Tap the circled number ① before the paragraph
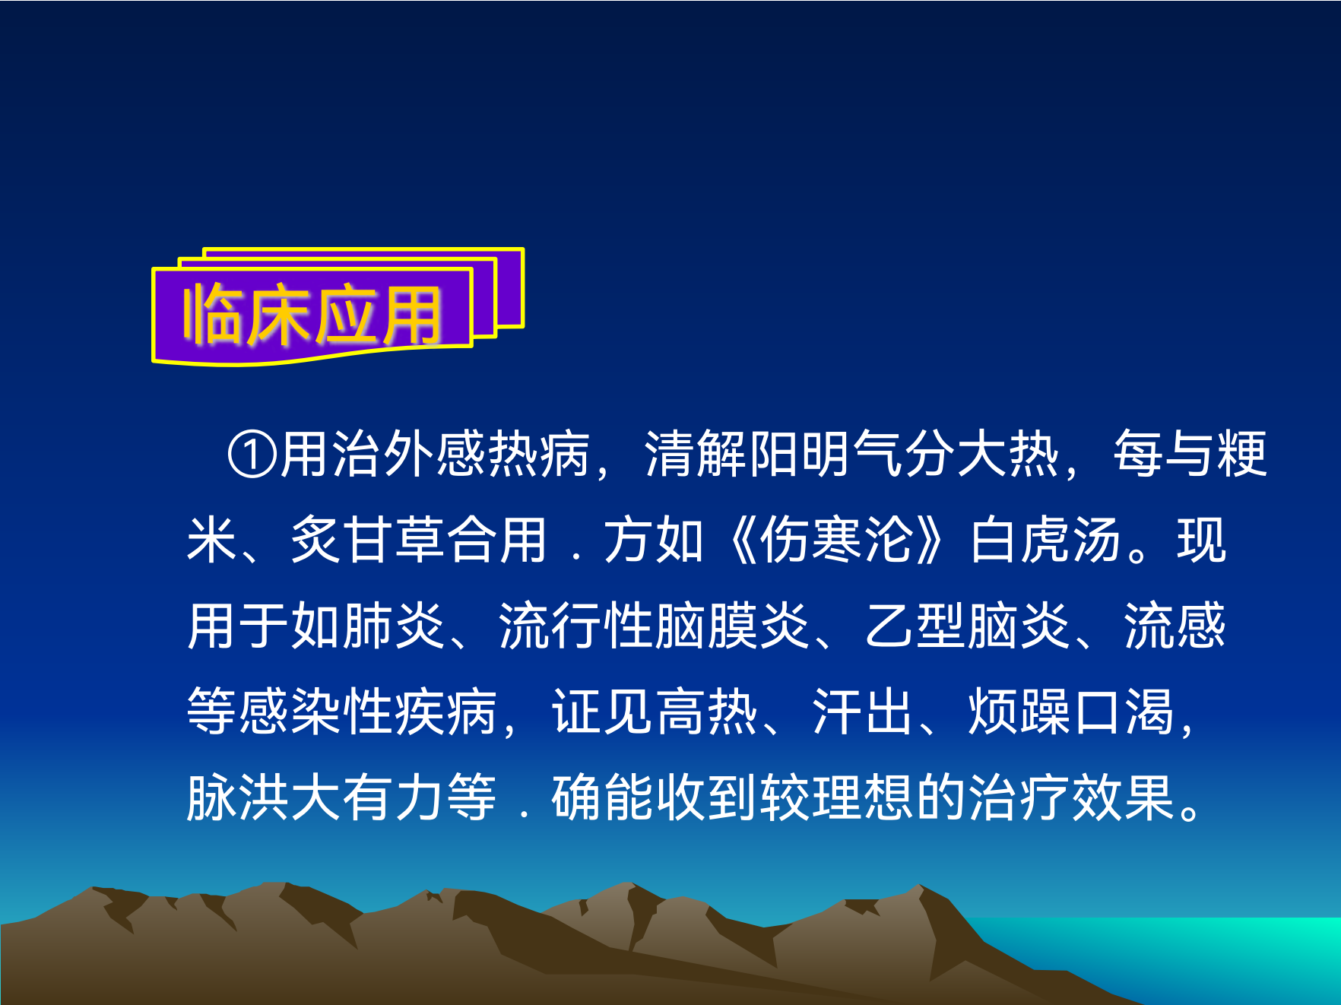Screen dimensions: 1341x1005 point(252,455)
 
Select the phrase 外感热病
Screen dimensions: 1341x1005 point(487,455)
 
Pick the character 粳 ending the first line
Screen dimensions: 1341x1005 point(1242,455)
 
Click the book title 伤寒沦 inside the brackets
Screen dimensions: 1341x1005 point(837,540)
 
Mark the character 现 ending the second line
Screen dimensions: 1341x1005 point(1202,540)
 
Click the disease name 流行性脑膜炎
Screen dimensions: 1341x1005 point(655,626)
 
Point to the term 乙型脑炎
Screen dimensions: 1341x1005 point(968,626)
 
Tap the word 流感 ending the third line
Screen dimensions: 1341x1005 point(1175,626)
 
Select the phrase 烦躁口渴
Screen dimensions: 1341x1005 point(1072,712)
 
